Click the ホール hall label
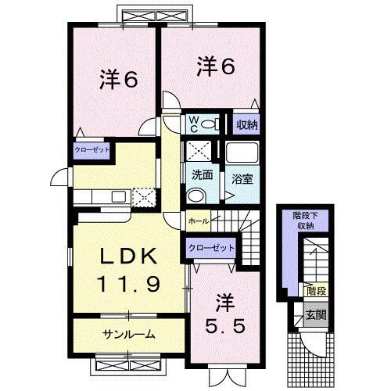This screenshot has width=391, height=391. point(198,221)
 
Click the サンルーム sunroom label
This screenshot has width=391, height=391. point(128,334)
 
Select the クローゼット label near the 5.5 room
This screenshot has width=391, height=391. point(212,248)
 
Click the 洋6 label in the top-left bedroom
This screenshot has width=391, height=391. point(119,78)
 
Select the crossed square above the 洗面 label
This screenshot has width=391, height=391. point(198,150)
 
